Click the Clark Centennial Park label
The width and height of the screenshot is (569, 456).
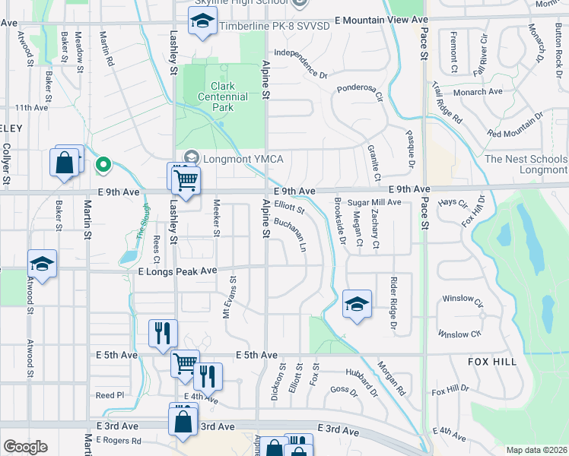tap(223, 97)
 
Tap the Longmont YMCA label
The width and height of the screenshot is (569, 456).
tap(236, 159)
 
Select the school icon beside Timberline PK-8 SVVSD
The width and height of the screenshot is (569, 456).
tap(202, 24)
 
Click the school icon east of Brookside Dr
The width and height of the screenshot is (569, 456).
tap(357, 304)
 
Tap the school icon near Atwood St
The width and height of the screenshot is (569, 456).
tap(43, 264)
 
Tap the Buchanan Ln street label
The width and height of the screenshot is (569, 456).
tap(291, 236)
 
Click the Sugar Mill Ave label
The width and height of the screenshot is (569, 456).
tap(374, 202)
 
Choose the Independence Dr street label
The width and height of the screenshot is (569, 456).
tap(300, 64)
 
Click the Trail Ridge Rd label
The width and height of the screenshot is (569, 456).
tap(447, 103)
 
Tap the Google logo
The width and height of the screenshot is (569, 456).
tap(25, 447)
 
